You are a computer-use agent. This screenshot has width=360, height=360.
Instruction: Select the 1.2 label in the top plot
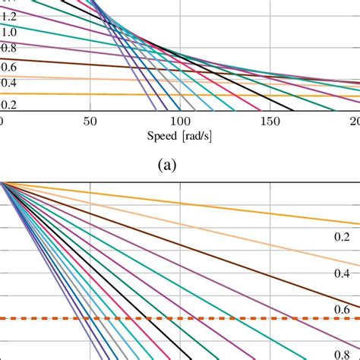click(8, 15)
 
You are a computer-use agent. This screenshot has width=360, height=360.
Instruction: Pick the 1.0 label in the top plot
click(8, 32)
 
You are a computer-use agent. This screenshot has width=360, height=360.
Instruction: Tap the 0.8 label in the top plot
click(8, 49)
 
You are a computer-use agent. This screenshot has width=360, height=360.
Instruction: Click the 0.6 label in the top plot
click(8, 66)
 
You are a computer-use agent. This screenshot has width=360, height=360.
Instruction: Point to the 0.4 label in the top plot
click(8, 83)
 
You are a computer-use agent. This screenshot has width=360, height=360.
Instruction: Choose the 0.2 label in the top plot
click(8, 105)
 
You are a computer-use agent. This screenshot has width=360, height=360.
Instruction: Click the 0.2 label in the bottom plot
click(341, 238)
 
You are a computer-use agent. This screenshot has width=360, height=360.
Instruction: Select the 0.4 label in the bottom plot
click(341, 273)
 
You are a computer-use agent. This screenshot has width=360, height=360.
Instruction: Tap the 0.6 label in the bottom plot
click(341, 308)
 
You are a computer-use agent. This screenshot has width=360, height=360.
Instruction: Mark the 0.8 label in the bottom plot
click(341, 352)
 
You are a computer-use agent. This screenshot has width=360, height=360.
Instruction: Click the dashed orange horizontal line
click(228, 318)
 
